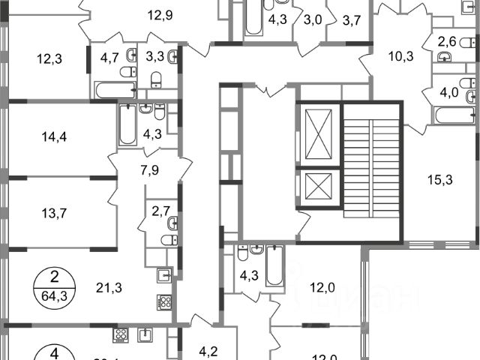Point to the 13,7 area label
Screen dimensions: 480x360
click(53, 212)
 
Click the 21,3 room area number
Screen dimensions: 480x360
click(109, 285)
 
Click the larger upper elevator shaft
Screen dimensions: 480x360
click(319, 136)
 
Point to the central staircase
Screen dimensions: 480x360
click(372, 171)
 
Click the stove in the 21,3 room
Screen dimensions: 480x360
click(164, 302)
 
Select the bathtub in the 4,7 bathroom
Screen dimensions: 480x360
click(115, 91)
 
